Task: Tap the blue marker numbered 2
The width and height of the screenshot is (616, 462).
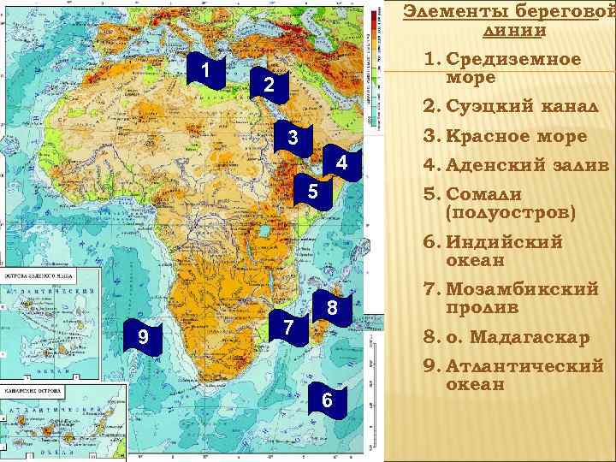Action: tap(268, 86)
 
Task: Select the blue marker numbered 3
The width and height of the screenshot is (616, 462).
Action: tap(293, 139)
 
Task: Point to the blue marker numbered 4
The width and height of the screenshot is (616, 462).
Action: tap(341, 163)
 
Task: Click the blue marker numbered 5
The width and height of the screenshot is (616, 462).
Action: tap(312, 193)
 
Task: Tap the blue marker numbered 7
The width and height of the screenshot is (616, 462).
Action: tap(289, 327)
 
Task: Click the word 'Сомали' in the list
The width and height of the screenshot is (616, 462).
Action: tap(483, 194)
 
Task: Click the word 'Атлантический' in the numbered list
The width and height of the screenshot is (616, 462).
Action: tap(524, 366)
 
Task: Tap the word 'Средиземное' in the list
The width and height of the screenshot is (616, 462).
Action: tap(513, 60)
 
